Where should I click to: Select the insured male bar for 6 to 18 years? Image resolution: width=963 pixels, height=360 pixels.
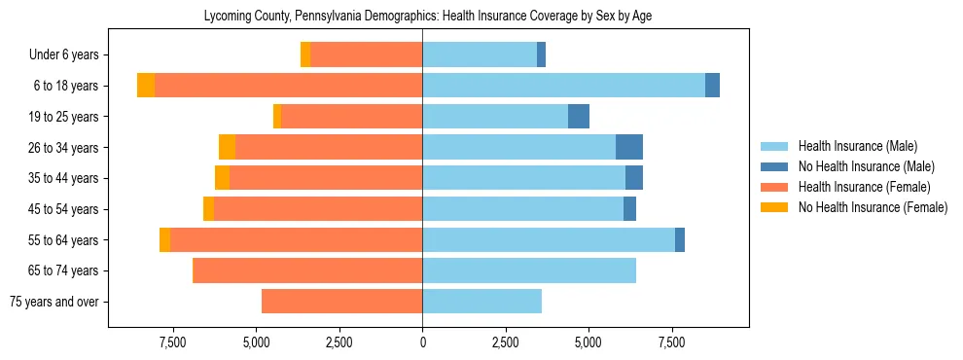[x=563, y=86]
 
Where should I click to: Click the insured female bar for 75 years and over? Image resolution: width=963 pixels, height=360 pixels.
[x=341, y=302]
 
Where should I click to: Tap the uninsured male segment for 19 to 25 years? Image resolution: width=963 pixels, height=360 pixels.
[x=579, y=117]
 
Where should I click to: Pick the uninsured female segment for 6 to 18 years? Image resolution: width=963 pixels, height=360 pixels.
[x=146, y=86]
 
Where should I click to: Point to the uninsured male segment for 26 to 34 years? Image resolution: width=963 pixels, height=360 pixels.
[x=629, y=147]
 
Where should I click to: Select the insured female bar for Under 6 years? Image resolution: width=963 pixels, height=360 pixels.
[x=366, y=54]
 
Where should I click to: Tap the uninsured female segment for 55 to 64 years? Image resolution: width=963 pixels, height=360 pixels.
[x=164, y=240]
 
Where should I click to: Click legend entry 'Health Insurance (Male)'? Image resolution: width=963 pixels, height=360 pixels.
[x=858, y=146]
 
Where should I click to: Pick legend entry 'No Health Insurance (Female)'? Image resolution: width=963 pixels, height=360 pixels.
[x=873, y=207]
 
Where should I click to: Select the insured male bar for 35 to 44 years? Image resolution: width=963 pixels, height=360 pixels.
[x=523, y=178]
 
